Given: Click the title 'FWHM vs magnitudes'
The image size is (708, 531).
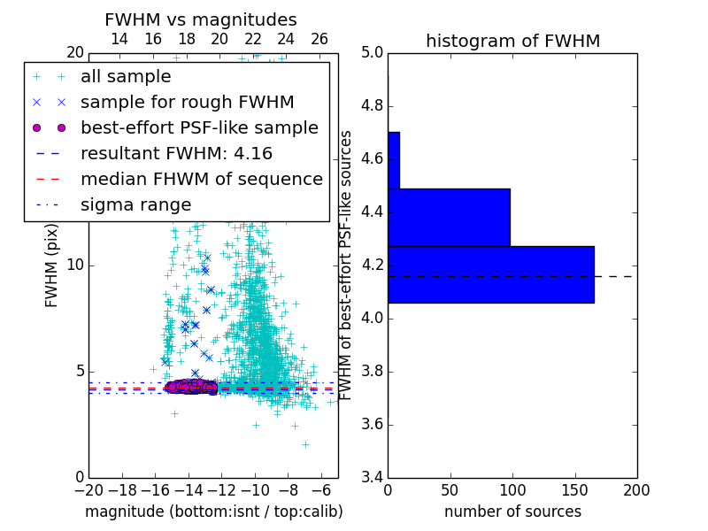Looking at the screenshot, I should [x=201, y=19].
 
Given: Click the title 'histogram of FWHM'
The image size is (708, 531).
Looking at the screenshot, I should [x=512, y=41].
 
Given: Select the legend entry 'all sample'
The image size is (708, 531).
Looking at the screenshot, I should [x=126, y=77].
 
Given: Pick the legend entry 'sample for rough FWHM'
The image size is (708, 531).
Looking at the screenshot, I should [x=188, y=102].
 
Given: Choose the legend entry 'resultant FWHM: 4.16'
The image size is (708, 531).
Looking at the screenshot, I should [x=176, y=153].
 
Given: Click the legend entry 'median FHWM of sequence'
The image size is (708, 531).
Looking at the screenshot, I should [x=202, y=179].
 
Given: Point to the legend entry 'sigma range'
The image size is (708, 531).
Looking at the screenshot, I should [x=135, y=204].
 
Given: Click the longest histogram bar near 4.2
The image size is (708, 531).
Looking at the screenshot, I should [x=490, y=274].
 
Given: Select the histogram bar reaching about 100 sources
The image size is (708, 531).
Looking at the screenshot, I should [x=449, y=217].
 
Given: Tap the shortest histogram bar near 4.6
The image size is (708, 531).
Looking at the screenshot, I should [x=393, y=160].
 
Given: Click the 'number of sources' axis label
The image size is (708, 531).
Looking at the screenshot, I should [x=512, y=512].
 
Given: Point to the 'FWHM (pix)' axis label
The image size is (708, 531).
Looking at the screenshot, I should [x=52, y=266].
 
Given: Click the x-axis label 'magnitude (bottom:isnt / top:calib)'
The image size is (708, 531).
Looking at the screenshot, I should [x=213, y=512].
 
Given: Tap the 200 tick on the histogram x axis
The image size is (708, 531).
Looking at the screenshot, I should [x=636, y=489].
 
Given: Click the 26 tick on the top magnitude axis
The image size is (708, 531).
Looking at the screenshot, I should [x=319, y=39].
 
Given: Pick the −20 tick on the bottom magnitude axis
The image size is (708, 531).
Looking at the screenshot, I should [x=88, y=489].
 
